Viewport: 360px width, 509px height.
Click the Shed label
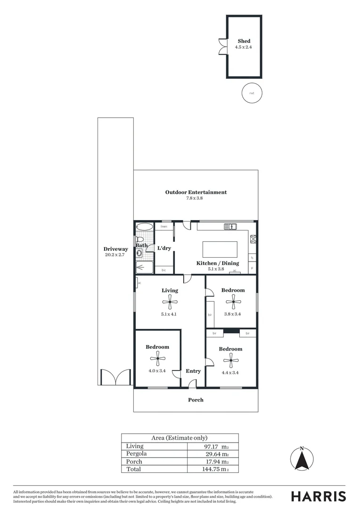[x=244, y=41]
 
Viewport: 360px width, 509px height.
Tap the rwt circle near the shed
[x=252, y=93]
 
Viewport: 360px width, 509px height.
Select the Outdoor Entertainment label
[x=196, y=192]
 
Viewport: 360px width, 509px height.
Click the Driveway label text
[x=116, y=249]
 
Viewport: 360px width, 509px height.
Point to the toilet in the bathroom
[x=140, y=239]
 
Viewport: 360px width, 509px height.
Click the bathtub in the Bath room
[x=145, y=227]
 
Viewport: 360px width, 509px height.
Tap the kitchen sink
[x=230, y=227]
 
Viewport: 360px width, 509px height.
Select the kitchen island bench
[x=220, y=249]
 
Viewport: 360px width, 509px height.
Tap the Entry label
[x=193, y=371]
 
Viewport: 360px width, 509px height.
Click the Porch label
[x=196, y=400]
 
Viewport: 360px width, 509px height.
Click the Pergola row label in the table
[x=137, y=453]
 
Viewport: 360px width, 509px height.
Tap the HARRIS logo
[x=319, y=496]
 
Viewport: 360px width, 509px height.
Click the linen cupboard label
[x=164, y=227]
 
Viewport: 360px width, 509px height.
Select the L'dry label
[x=164, y=248]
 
